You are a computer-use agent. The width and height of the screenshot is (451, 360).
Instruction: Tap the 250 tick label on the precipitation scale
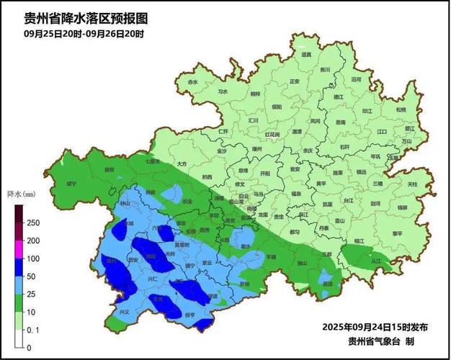pos(33,223)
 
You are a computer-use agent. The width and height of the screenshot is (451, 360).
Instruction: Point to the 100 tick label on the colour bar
pos(33,258)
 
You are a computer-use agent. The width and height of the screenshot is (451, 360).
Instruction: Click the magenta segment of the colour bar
pos(19,249)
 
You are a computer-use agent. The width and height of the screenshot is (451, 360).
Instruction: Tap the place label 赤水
pos(192,83)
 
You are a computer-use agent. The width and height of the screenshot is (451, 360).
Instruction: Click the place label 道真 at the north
pos(306,55)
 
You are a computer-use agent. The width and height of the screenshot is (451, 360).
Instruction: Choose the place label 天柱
pos(412,184)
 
